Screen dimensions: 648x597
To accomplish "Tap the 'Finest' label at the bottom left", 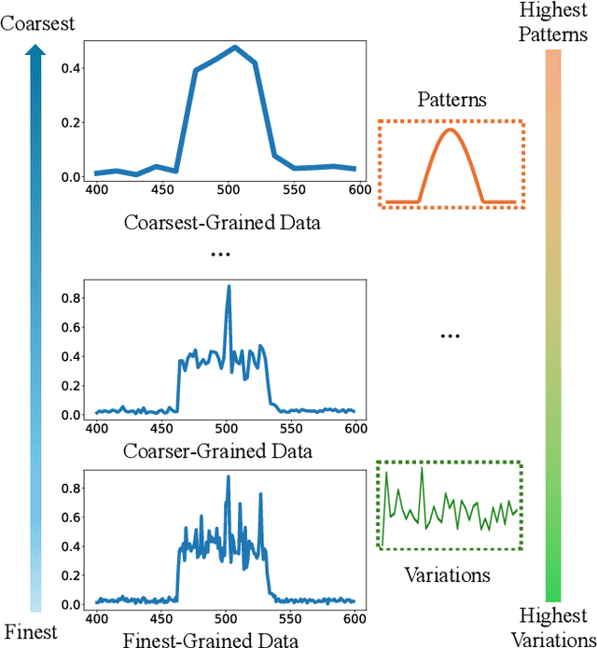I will (x=30, y=631).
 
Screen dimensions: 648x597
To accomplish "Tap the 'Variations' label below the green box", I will (x=446, y=574).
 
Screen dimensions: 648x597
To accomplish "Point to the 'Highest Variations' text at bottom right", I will (x=554, y=626).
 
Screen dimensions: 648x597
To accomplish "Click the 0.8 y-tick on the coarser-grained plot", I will (x=70, y=298).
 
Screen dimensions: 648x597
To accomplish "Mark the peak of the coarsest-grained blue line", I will (x=235, y=47).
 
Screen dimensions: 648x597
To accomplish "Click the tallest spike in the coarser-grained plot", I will (x=229, y=287).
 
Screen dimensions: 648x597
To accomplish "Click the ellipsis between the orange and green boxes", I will (x=451, y=336).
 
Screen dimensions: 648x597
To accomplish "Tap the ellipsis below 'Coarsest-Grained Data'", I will (x=220, y=254).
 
